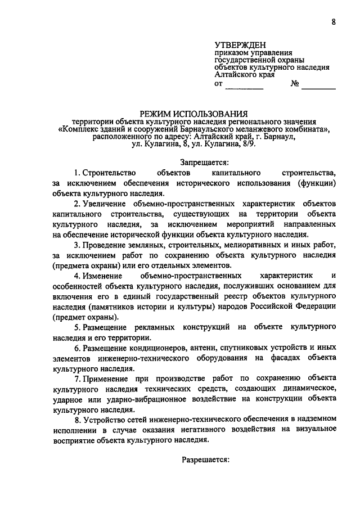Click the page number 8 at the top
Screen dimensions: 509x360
pos(334,22)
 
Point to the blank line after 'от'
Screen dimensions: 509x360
pos(244,86)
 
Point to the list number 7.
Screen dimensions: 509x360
pos(77,380)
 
